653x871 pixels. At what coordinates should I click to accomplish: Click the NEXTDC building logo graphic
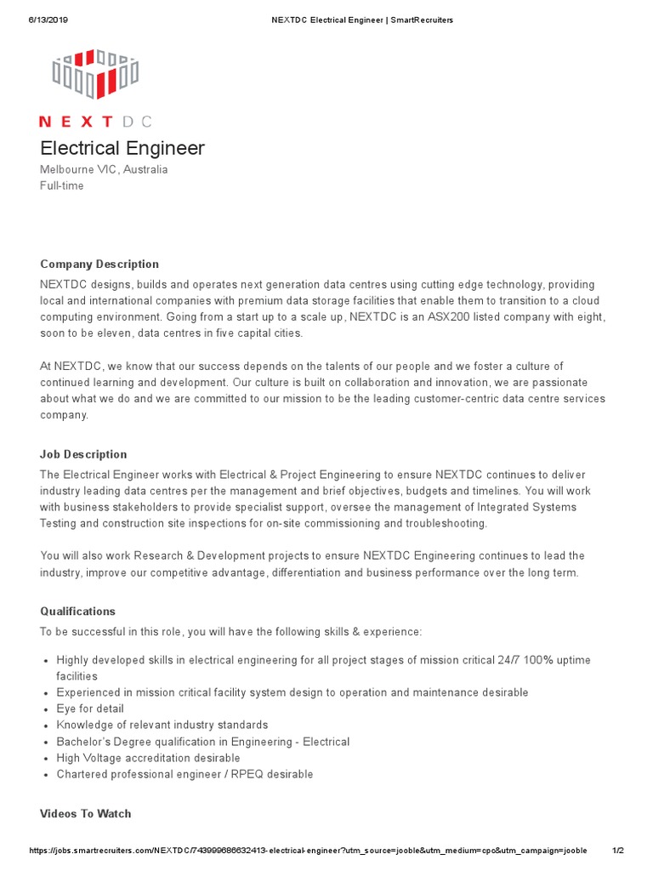(94, 74)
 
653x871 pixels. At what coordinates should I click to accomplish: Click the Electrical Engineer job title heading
(122, 148)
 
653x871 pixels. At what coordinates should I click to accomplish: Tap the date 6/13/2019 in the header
(48, 20)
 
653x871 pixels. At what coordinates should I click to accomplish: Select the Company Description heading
(99, 264)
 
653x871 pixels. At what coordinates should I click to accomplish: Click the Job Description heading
(83, 454)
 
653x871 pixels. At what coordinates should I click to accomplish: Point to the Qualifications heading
(77, 612)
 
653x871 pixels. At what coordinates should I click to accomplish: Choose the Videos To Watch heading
(85, 814)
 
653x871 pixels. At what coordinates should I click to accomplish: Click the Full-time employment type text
(62, 185)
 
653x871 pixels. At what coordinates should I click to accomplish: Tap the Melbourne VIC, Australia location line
(104, 169)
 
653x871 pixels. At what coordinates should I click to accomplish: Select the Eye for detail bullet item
(90, 709)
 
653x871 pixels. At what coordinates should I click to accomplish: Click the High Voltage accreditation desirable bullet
(148, 758)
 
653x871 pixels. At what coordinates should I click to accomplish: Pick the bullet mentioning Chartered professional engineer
(185, 774)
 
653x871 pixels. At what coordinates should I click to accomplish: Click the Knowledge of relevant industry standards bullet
(162, 725)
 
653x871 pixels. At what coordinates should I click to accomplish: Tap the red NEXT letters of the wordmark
(76, 122)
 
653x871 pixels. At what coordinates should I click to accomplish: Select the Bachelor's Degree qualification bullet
(202, 742)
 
